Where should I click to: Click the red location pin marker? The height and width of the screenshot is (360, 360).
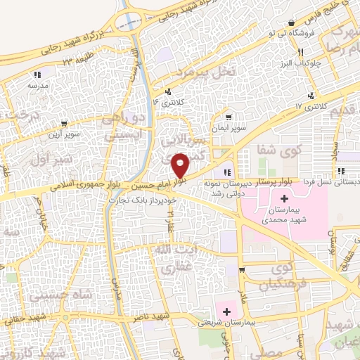click(181, 165)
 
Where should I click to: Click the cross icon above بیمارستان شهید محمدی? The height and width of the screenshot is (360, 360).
click(275, 200)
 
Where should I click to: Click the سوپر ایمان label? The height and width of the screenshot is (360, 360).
click(231, 129)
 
